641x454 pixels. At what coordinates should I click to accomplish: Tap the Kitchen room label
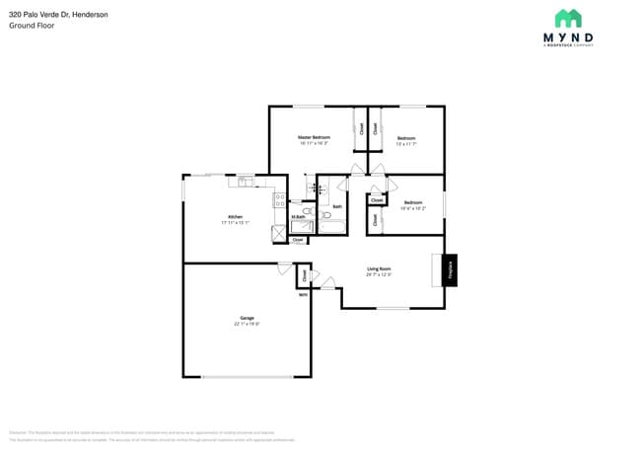pyautogui.click(x=235, y=217)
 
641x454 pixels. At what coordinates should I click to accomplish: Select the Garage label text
pyautogui.click(x=247, y=318)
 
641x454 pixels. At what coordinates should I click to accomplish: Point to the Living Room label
pyautogui.click(x=379, y=268)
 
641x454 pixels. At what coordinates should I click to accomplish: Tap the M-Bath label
pyautogui.click(x=297, y=217)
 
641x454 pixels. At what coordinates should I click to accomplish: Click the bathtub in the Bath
pyautogui.click(x=333, y=228)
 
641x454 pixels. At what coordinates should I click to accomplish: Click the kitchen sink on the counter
pyautogui.click(x=245, y=182)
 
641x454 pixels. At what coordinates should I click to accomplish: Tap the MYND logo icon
pyautogui.click(x=568, y=19)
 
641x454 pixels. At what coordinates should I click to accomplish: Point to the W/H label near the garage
pyautogui.click(x=303, y=293)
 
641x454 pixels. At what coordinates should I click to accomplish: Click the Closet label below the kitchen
pyautogui.click(x=297, y=240)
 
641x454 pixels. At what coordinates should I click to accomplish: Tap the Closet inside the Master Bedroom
pyautogui.click(x=361, y=127)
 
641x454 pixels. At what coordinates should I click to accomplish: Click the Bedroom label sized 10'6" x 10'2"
pyautogui.click(x=412, y=205)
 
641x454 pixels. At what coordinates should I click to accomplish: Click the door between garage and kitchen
pyautogui.click(x=284, y=267)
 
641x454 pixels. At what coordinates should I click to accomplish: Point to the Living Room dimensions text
pyautogui.click(x=379, y=274)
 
